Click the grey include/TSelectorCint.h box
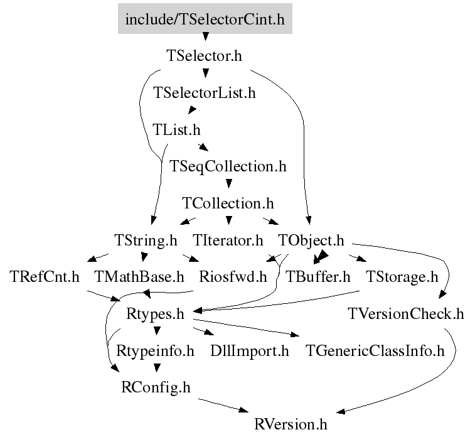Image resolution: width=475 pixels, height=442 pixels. coord(205,18)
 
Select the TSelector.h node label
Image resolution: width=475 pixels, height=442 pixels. coord(204,56)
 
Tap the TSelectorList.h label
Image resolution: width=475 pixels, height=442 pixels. coord(205,92)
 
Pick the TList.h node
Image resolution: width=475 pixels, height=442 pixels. coord(176,129)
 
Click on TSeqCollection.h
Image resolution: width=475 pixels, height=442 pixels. coord(228,166)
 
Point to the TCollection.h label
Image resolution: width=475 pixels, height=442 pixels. coord(228,203)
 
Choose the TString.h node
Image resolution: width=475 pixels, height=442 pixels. coord(146,240)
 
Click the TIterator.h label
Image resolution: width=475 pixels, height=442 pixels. coord(228,240)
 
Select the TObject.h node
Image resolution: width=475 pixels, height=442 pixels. coord(311,240)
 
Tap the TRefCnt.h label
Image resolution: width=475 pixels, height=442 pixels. coord(45,276)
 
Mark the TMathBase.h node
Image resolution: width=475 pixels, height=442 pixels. coord(139,276)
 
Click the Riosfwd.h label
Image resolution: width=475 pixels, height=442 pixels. coord(233,276)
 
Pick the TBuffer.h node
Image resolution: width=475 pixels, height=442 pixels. coord(318,276)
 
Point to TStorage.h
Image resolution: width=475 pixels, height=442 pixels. coord(402,277)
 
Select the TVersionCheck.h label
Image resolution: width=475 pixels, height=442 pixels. coord(405,314)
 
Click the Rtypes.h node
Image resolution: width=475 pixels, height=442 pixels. coord(155,314)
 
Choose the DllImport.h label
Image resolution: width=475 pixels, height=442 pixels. coord(249,351)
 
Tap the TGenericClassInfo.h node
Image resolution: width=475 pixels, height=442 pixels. coord(375,351)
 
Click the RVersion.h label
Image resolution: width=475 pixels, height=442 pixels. coord(291,424)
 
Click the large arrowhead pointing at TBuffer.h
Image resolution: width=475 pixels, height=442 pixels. coord(321,257)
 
